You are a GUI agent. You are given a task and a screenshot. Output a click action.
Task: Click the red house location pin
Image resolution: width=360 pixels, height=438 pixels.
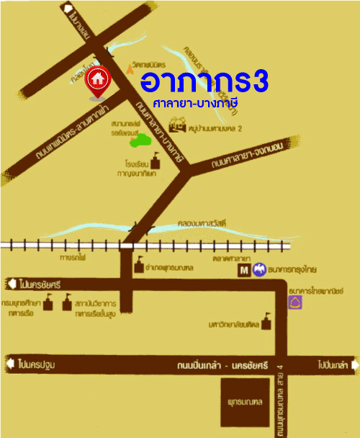point(97,79)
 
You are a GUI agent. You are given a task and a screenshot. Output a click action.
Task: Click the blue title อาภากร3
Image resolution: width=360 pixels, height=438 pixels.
point(204,81)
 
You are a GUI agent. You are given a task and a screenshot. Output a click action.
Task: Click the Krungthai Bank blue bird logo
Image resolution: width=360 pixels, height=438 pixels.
point(259,272)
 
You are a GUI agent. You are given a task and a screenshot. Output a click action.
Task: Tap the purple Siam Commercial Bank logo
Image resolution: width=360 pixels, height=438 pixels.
point(295,303)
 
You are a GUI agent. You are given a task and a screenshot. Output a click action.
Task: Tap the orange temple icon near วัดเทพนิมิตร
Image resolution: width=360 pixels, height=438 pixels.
point(130,69)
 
